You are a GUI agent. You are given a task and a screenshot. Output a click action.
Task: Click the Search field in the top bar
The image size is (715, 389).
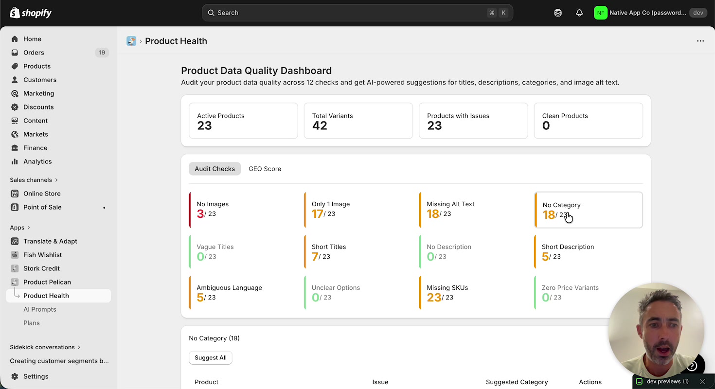340,13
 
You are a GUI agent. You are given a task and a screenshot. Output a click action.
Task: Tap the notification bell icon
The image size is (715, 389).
579,13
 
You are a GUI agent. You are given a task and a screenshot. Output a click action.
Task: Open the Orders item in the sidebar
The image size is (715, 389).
34,53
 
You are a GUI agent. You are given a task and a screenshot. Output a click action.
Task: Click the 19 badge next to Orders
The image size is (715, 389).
102,53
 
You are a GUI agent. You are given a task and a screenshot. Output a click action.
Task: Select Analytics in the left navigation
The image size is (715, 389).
37,161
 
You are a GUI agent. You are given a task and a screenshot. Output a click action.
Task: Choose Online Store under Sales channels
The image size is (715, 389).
42,194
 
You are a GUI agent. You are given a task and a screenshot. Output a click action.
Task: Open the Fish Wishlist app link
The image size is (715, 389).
42,255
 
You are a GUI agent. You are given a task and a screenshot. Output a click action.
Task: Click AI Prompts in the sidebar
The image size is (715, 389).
40,309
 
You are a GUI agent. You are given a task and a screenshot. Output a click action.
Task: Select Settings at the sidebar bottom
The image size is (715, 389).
36,376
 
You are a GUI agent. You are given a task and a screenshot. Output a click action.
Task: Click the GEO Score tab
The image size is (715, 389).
265,169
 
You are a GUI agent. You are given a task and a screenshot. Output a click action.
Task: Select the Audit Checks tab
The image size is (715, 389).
214,169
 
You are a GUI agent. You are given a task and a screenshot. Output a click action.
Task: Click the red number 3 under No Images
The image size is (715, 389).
200,214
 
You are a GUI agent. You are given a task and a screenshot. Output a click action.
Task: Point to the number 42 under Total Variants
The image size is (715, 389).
320,126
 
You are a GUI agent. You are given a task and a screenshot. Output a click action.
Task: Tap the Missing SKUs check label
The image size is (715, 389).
447,288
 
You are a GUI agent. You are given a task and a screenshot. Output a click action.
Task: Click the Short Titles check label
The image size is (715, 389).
329,247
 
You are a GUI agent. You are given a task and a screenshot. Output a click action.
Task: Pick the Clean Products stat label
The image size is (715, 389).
565,116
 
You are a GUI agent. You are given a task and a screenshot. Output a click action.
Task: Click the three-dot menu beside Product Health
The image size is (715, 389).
700,41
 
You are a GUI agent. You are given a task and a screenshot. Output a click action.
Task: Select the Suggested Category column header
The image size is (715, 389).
517,382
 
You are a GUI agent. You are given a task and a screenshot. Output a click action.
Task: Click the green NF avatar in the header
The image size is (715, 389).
600,13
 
